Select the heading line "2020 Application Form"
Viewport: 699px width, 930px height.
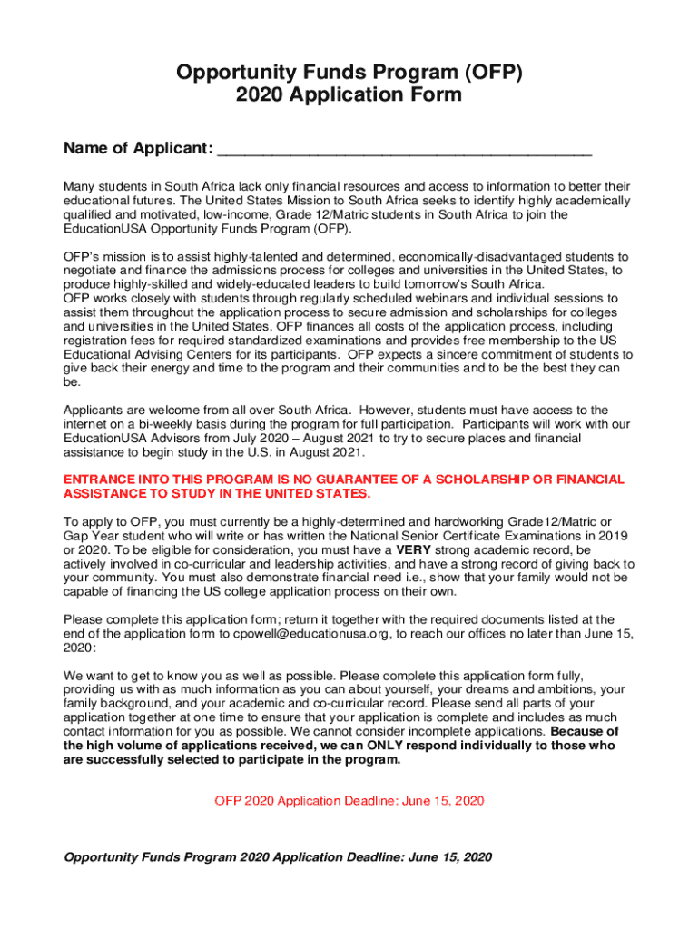[x=349, y=95]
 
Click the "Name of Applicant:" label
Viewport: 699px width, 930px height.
[x=138, y=148]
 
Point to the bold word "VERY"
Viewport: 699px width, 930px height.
[x=412, y=550]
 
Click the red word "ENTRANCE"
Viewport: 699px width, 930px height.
[x=95, y=480]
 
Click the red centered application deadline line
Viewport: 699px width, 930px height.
[x=349, y=800]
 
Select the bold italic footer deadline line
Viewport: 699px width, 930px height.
[x=277, y=857]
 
